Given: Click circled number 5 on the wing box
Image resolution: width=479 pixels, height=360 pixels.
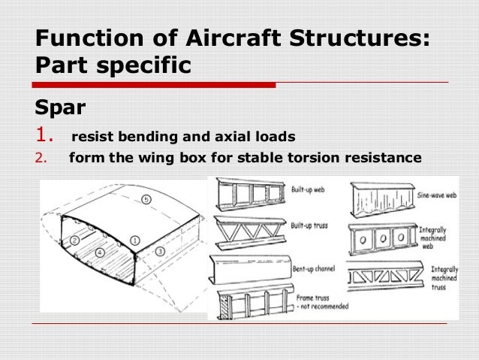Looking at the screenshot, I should coord(146,201).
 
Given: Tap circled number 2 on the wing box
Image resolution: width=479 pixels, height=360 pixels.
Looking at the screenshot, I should coord(76,240).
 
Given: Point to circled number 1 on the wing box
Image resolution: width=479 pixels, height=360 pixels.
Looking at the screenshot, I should coord(134,240).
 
